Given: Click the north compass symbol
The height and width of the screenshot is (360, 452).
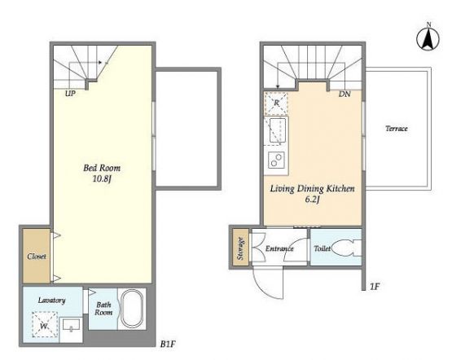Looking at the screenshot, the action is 428,37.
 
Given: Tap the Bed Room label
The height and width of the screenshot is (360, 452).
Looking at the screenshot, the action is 102,168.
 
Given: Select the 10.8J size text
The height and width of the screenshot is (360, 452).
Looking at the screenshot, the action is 102,179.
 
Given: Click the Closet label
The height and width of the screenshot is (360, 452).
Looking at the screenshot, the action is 37,257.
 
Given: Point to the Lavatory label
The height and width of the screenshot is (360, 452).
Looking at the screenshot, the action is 52,300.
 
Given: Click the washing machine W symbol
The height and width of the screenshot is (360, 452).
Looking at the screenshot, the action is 45,325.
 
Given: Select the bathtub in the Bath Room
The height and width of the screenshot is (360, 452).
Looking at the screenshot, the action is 132,309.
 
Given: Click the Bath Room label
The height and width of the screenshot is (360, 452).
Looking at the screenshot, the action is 103,309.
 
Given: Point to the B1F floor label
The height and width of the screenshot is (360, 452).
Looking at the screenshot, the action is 168,344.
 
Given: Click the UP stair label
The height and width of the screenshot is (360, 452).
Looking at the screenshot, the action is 70,94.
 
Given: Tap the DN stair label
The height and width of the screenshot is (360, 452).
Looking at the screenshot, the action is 344,94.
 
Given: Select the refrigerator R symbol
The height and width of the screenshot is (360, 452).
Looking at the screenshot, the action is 276,103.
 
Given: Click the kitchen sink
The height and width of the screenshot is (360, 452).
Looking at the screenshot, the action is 278,130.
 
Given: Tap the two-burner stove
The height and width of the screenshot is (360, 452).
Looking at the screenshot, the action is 276,160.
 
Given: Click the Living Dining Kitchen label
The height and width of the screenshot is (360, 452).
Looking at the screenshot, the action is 312,189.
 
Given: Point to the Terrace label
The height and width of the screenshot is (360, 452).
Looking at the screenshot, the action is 397,129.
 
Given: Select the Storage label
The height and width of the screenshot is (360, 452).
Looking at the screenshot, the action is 241,248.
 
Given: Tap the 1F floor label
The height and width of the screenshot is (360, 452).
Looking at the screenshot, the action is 374,287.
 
